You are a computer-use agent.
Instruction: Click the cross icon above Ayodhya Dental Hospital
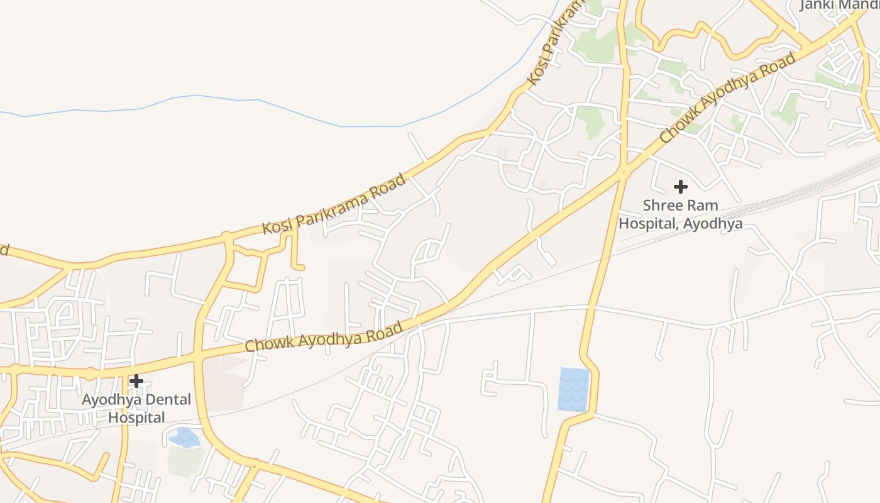point(136,381)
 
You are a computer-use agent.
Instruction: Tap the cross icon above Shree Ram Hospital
point(680,187)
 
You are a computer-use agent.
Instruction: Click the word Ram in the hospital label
point(703,206)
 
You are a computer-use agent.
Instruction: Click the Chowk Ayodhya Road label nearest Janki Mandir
point(727,98)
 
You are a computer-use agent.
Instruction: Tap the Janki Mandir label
point(839,5)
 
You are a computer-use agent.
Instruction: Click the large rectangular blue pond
point(573,389)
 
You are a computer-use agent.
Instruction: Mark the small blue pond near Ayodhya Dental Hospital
point(184,438)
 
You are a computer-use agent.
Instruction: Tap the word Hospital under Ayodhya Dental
point(136,417)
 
